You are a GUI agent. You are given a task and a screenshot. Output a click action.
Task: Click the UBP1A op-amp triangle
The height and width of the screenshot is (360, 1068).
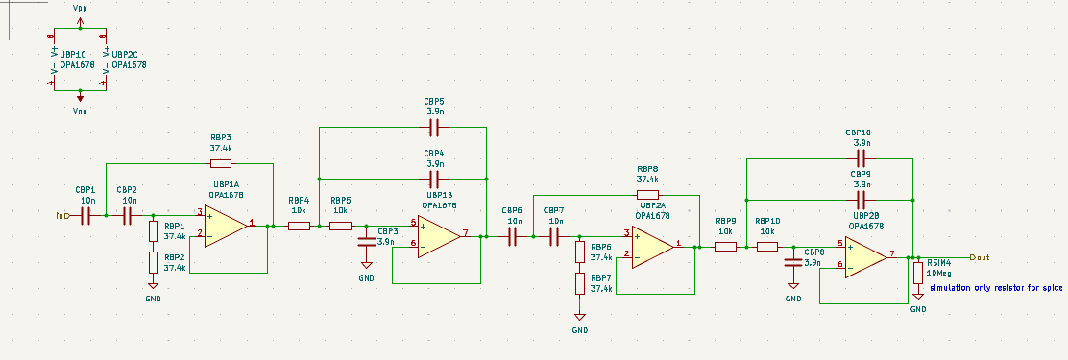tap(225, 225)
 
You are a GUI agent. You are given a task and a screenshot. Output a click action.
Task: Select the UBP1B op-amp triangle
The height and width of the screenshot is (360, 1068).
tap(437, 234)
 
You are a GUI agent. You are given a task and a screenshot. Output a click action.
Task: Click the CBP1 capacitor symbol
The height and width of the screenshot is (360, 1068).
tap(85, 215)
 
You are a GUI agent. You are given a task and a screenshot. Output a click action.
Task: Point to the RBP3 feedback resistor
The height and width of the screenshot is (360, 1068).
tap(220, 163)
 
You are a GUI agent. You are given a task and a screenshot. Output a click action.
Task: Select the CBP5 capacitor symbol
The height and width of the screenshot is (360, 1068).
tap(434, 127)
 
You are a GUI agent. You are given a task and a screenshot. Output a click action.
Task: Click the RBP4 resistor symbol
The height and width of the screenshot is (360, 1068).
tap(299, 226)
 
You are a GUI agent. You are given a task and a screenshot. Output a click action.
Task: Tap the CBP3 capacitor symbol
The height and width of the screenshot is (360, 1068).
tap(366, 241)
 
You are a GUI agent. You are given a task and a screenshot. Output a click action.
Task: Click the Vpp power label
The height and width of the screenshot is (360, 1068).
tap(80, 8)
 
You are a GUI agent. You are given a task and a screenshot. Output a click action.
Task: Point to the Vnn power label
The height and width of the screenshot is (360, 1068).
tap(80, 111)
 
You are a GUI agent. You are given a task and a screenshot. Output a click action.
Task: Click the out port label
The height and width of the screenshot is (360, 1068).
tap(980, 257)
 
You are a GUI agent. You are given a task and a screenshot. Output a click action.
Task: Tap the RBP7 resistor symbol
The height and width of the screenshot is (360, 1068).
tap(580, 282)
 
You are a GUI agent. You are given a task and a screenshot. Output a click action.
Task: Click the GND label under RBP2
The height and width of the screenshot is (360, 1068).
tap(153, 299)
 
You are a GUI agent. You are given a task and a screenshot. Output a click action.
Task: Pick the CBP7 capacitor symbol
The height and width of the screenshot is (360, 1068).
tap(554, 234)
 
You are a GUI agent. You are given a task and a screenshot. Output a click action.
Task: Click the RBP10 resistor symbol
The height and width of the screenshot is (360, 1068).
tap(766, 247)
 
